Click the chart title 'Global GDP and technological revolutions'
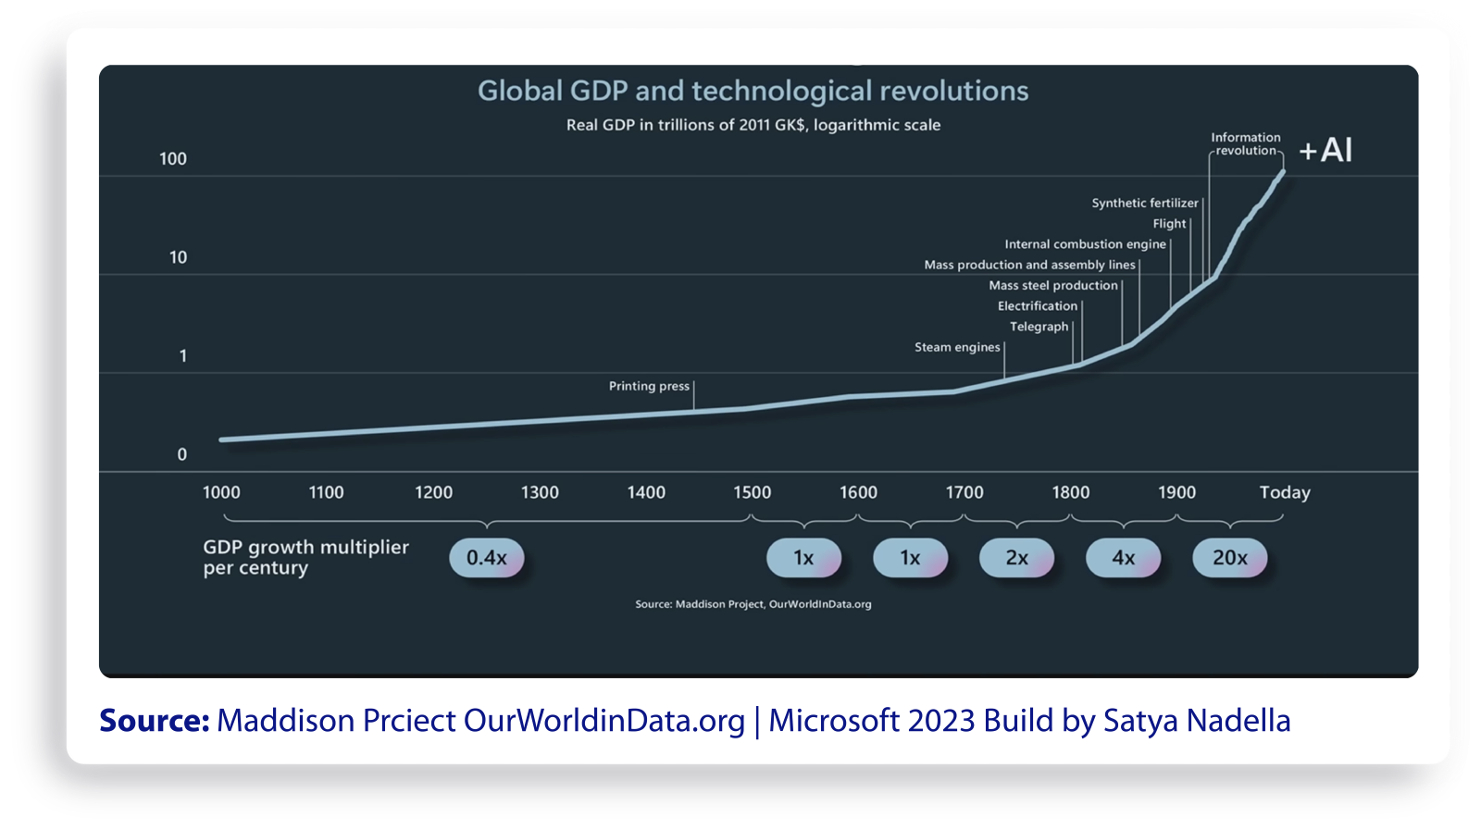753,91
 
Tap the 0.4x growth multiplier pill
487,558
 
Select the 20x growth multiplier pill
1229,558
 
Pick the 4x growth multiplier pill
1123,558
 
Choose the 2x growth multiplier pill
1016,558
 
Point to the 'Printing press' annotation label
649,386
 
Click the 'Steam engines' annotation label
957,347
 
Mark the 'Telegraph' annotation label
1039,327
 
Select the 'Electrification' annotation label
1037,306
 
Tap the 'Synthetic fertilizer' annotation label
1144,204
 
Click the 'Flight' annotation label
1169,224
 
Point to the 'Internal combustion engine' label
1085,244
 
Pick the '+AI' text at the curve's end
1325,150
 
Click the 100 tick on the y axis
173,159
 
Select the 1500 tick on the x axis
752,492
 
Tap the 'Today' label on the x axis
1285,492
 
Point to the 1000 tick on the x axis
221,492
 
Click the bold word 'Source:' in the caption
155,721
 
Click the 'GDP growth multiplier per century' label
305,557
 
